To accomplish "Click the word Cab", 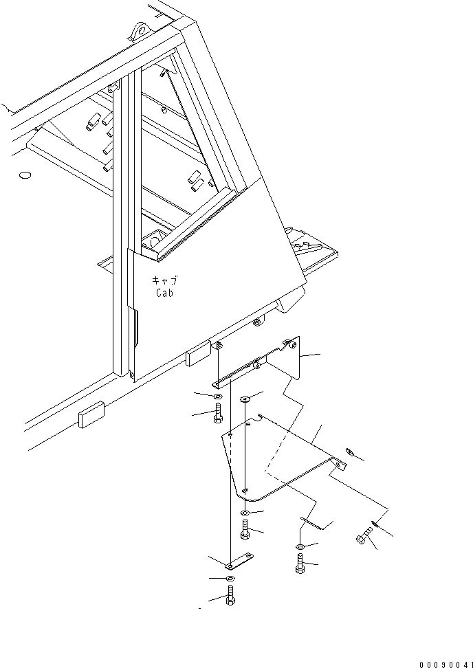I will (164, 292).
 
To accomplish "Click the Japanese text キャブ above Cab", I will (164, 281).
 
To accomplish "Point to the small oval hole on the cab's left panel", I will (26, 176).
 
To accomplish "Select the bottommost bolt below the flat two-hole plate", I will (230, 595).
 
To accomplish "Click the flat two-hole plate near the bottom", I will (240, 562).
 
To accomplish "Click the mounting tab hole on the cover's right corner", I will (338, 465).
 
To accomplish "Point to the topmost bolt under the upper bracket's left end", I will (218, 413).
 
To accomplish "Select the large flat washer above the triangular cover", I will (245, 399).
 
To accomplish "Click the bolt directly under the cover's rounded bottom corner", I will (245, 530).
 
